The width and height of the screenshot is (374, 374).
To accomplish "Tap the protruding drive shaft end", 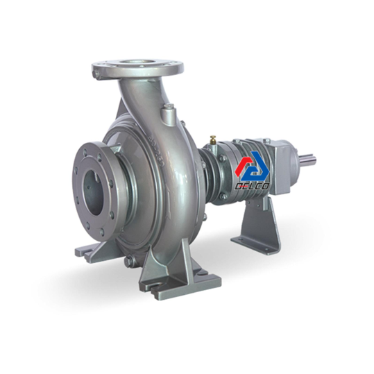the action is pos(308,159).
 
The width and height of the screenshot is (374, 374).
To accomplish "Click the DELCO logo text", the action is pos(253,186).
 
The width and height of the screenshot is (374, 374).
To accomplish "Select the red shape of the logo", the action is pos(244,165).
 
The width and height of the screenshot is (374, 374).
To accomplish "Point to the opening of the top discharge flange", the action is pos(137,62).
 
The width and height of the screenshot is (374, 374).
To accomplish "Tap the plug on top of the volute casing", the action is pos(169,113).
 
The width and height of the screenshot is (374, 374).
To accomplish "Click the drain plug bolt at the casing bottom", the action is pos(129,261).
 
